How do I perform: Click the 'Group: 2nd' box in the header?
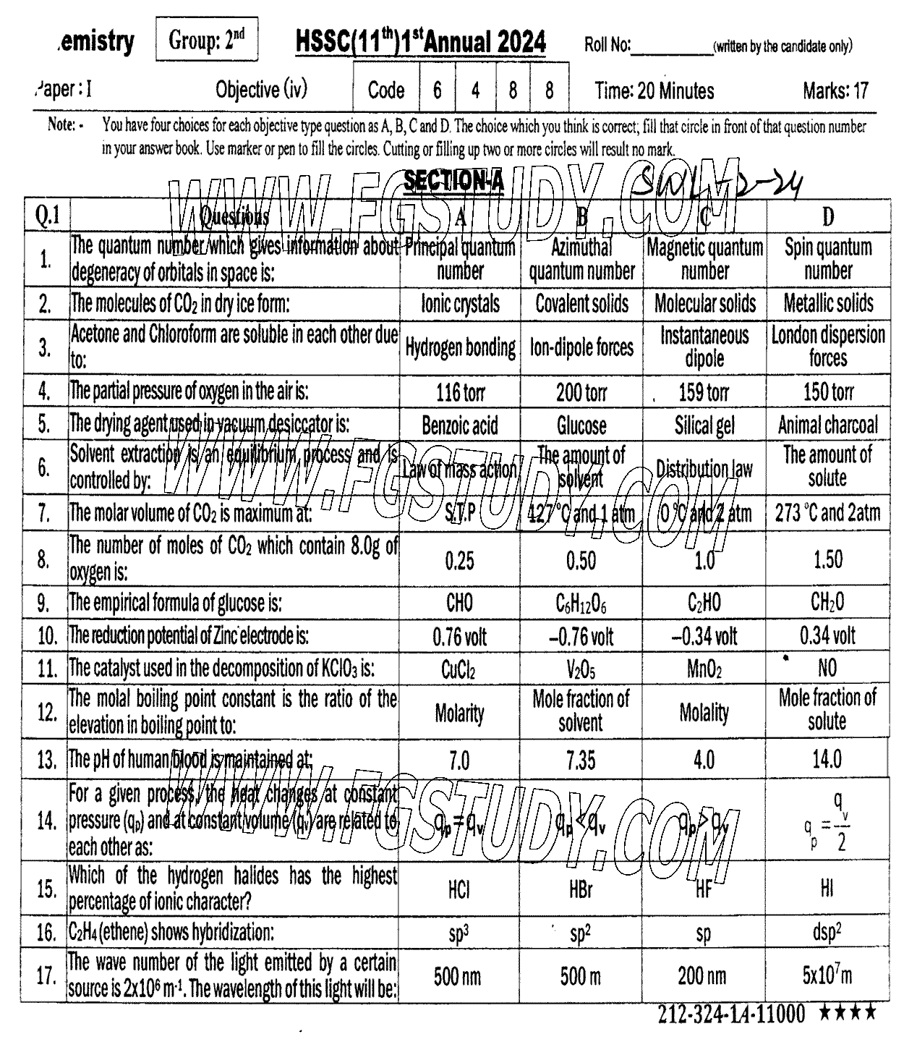[206, 41]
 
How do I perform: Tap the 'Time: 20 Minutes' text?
[654, 91]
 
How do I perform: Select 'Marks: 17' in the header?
[835, 91]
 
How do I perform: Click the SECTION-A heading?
[453, 181]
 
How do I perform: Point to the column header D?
[827, 216]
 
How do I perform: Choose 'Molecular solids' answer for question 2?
[704, 304]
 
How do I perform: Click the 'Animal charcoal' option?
[827, 425]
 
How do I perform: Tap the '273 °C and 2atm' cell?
[827, 513]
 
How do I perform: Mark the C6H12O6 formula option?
[581, 603]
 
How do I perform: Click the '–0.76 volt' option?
[581, 637]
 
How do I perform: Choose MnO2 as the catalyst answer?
[704, 669]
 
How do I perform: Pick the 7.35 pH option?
[581, 761]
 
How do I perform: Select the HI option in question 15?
[827, 889]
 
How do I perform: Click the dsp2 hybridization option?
[827, 933]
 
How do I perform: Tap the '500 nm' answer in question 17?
[457, 977]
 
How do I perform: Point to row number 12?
[46, 713]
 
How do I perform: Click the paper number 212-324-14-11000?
[730, 1014]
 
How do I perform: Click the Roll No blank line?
[672, 47]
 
